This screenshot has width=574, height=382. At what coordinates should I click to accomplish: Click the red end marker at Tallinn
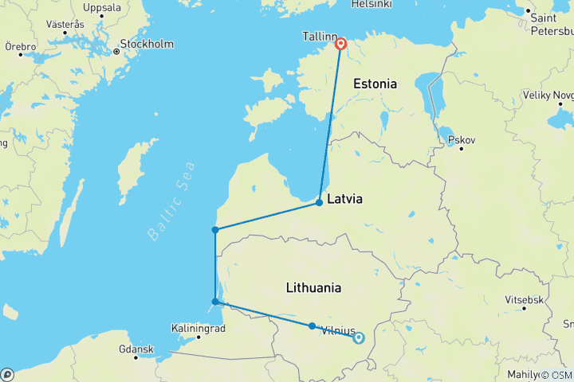[341, 45]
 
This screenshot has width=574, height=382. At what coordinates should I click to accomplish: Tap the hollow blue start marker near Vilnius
[358, 337]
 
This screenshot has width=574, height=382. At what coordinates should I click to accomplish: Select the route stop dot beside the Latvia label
[319, 202]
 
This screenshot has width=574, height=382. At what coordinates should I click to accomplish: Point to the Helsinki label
[372, 5]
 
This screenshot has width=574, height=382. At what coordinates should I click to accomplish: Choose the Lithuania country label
[314, 288]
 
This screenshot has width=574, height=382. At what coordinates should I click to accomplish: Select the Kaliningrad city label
[198, 328]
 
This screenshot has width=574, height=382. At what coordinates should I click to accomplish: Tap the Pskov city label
[462, 140]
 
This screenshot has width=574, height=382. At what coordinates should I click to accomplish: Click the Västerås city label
[65, 25]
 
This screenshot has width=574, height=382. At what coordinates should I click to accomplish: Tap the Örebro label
[20, 47]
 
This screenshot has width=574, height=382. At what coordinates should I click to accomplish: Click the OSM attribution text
[556, 375]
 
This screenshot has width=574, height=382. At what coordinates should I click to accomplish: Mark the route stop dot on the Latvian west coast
[215, 230]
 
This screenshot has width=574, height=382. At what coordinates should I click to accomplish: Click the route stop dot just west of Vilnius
[312, 325]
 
